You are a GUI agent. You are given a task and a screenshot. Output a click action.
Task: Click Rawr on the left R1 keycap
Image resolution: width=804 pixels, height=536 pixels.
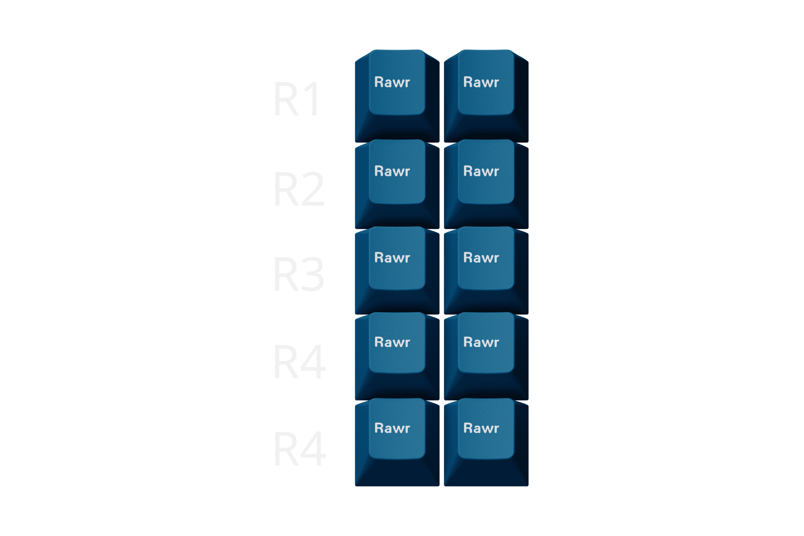(x=392, y=82)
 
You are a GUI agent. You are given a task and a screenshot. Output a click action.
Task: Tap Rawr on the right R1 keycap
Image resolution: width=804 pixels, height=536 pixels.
(x=481, y=82)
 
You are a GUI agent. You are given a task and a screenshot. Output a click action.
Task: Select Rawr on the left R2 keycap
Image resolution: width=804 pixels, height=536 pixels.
(x=392, y=171)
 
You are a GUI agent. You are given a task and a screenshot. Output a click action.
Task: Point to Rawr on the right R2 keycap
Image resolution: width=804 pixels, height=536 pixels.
(x=481, y=171)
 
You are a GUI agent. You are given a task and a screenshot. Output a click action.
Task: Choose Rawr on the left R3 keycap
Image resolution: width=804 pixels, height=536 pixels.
(x=392, y=257)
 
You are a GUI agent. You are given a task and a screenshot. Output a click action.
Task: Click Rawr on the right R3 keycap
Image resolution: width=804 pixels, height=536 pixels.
(x=481, y=257)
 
